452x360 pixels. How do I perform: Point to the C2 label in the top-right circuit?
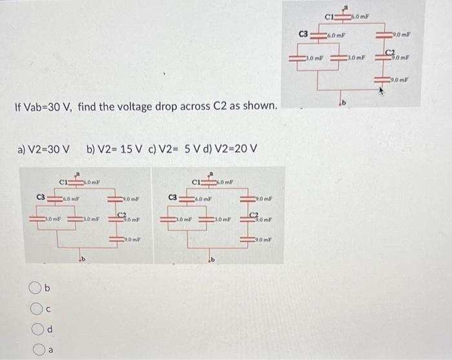pos(389,51)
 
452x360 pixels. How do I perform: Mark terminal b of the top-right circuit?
pos(345,103)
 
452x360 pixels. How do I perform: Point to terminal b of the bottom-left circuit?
pos(83,260)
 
